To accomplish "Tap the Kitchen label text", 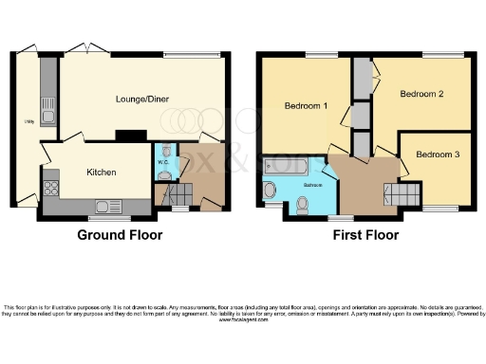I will click(102, 173).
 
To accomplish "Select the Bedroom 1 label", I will click(306, 106).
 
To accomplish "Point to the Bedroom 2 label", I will click(421, 94).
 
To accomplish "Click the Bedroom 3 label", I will click(439, 154).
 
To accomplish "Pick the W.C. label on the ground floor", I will click(164, 173).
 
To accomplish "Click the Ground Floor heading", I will click(120, 234).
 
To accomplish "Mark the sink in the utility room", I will click(48, 115).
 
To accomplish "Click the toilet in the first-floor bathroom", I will click(303, 203).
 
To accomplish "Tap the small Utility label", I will click(28, 121).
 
